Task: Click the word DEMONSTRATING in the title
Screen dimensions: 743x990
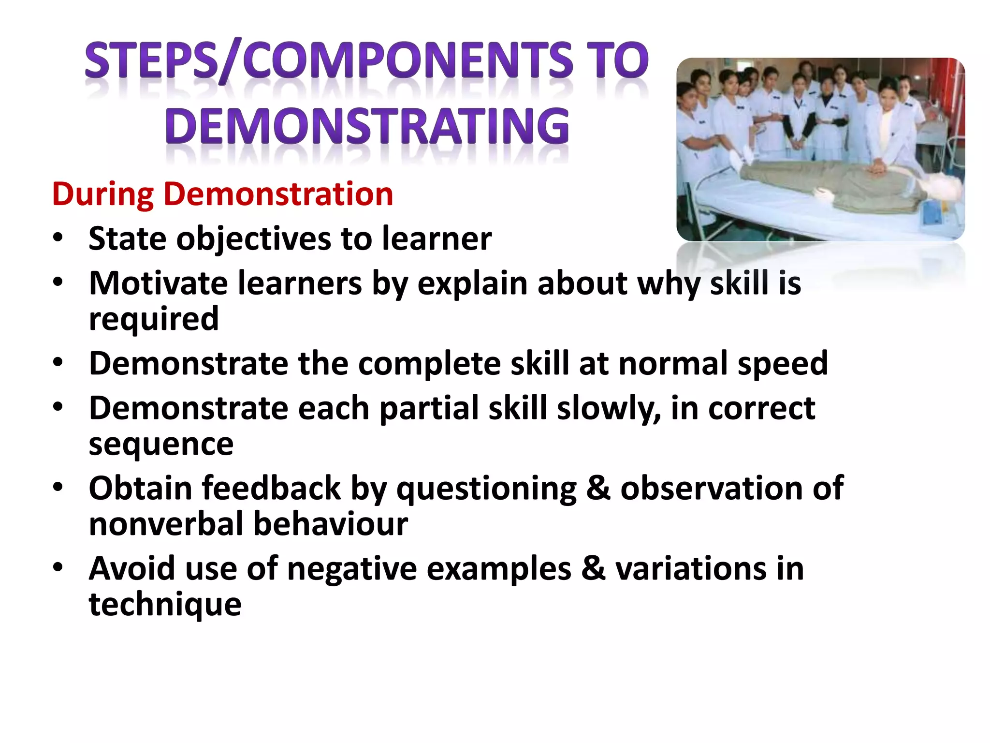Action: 367,126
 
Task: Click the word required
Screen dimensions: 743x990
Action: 154,319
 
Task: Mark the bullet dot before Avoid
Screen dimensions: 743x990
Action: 58,567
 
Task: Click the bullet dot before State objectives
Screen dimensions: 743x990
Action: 58,238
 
